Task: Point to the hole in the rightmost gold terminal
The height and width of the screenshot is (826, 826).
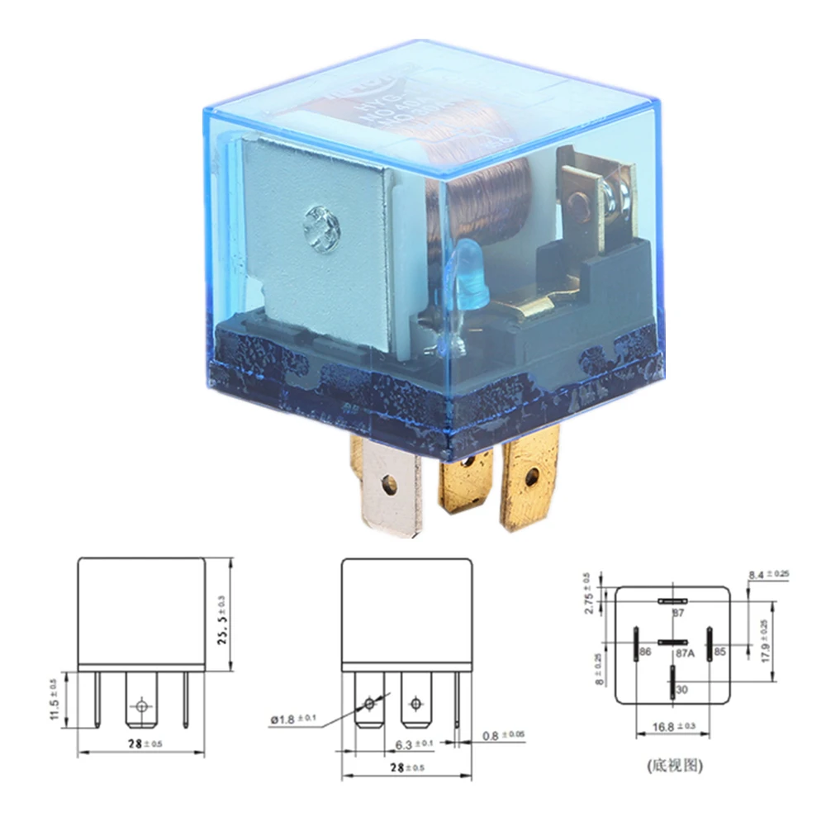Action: point(531,477)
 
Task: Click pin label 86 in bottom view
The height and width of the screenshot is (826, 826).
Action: point(644,653)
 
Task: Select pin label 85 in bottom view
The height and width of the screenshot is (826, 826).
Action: point(719,653)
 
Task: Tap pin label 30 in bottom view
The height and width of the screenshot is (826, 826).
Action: point(681,689)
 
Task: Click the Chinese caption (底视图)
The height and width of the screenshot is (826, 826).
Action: point(674,766)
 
